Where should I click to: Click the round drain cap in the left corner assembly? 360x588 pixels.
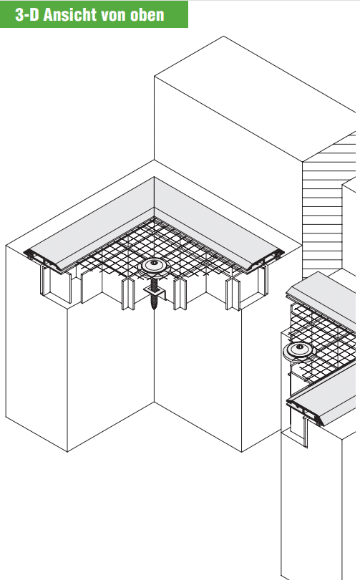click(x=154, y=264)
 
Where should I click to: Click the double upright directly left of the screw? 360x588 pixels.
click(x=127, y=294)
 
